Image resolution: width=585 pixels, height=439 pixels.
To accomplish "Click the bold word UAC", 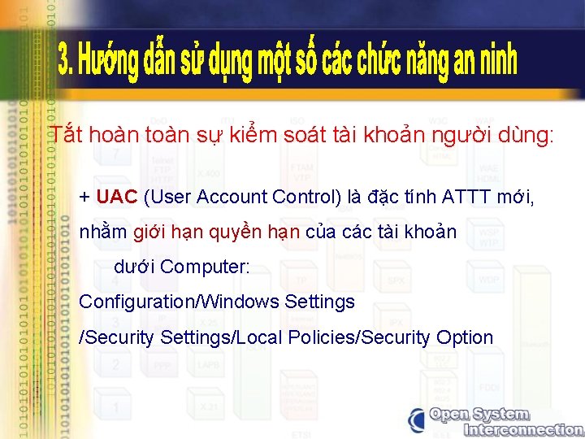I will click(x=116, y=197).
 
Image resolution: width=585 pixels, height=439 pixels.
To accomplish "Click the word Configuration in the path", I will click(x=135, y=302).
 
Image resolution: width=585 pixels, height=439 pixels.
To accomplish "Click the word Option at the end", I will click(x=465, y=337).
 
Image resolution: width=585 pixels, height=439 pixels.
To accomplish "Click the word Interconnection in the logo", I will click(x=508, y=429).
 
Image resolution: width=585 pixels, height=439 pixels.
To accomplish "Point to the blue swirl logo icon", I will click(x=416, y=421).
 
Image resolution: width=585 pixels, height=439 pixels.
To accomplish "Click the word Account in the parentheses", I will click(x=225, y=197).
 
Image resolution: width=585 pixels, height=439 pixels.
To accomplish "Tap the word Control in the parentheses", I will click(x=301, y=197).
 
